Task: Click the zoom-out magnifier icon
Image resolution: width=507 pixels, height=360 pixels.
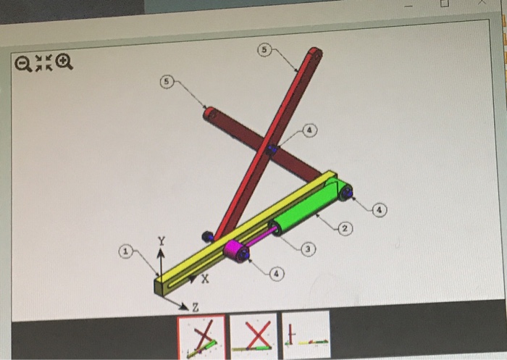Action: coord(24,65)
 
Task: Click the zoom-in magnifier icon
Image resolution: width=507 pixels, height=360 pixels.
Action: coord(64,64)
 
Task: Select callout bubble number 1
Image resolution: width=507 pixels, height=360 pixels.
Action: coord(126,251)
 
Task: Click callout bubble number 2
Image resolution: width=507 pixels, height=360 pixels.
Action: coord(345,229)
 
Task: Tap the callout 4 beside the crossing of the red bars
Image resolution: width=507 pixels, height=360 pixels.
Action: coord(309,130)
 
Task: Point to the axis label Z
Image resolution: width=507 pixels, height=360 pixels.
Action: coord(193,310)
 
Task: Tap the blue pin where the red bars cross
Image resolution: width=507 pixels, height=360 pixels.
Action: coord(272,150)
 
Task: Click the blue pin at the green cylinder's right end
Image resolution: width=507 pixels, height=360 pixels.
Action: coord(347,192)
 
